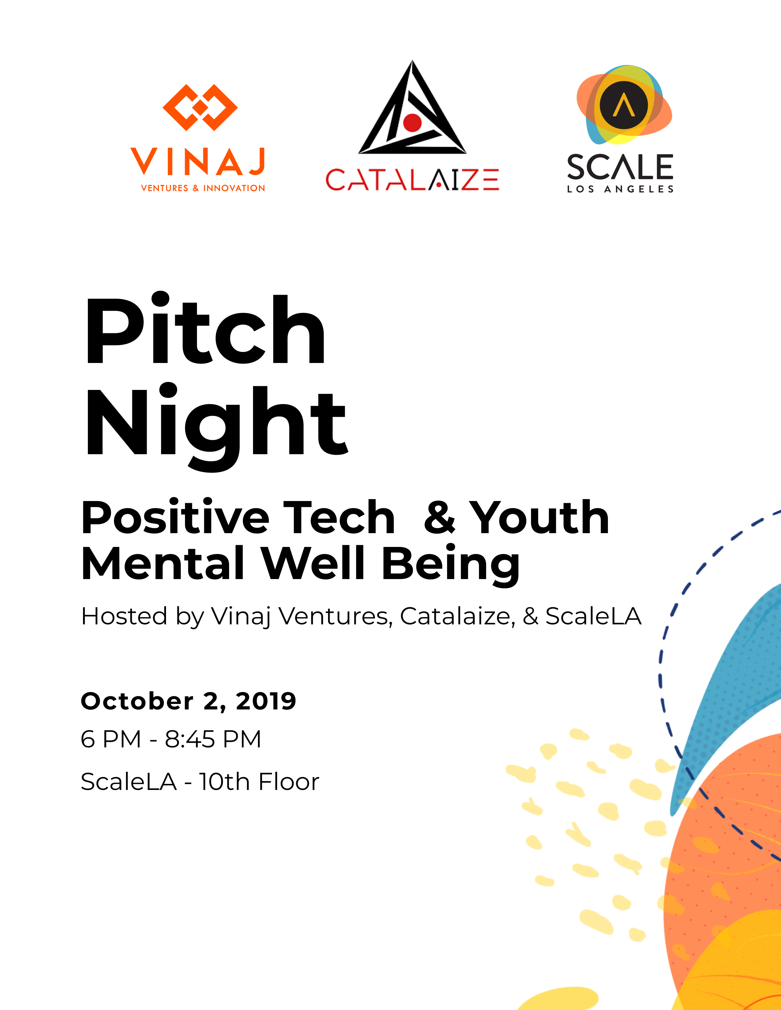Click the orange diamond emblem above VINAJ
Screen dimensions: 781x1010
pos(200,107)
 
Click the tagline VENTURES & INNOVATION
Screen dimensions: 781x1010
pos(203,188)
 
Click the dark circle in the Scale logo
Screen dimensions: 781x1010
pos(624,105)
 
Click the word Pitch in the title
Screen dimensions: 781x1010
pos(206,329)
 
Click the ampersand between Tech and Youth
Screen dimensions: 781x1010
pos(440,518)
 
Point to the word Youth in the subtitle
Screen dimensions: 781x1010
pos(539,518)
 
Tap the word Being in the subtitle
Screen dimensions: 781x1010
pos(451,565)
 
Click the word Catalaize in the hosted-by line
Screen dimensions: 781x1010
pos(457,616)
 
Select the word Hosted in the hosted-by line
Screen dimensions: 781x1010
pos(124,616)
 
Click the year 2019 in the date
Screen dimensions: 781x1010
pos(266,701)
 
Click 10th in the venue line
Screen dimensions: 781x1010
pos(224,782)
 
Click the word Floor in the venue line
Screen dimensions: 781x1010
pos(289,782)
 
